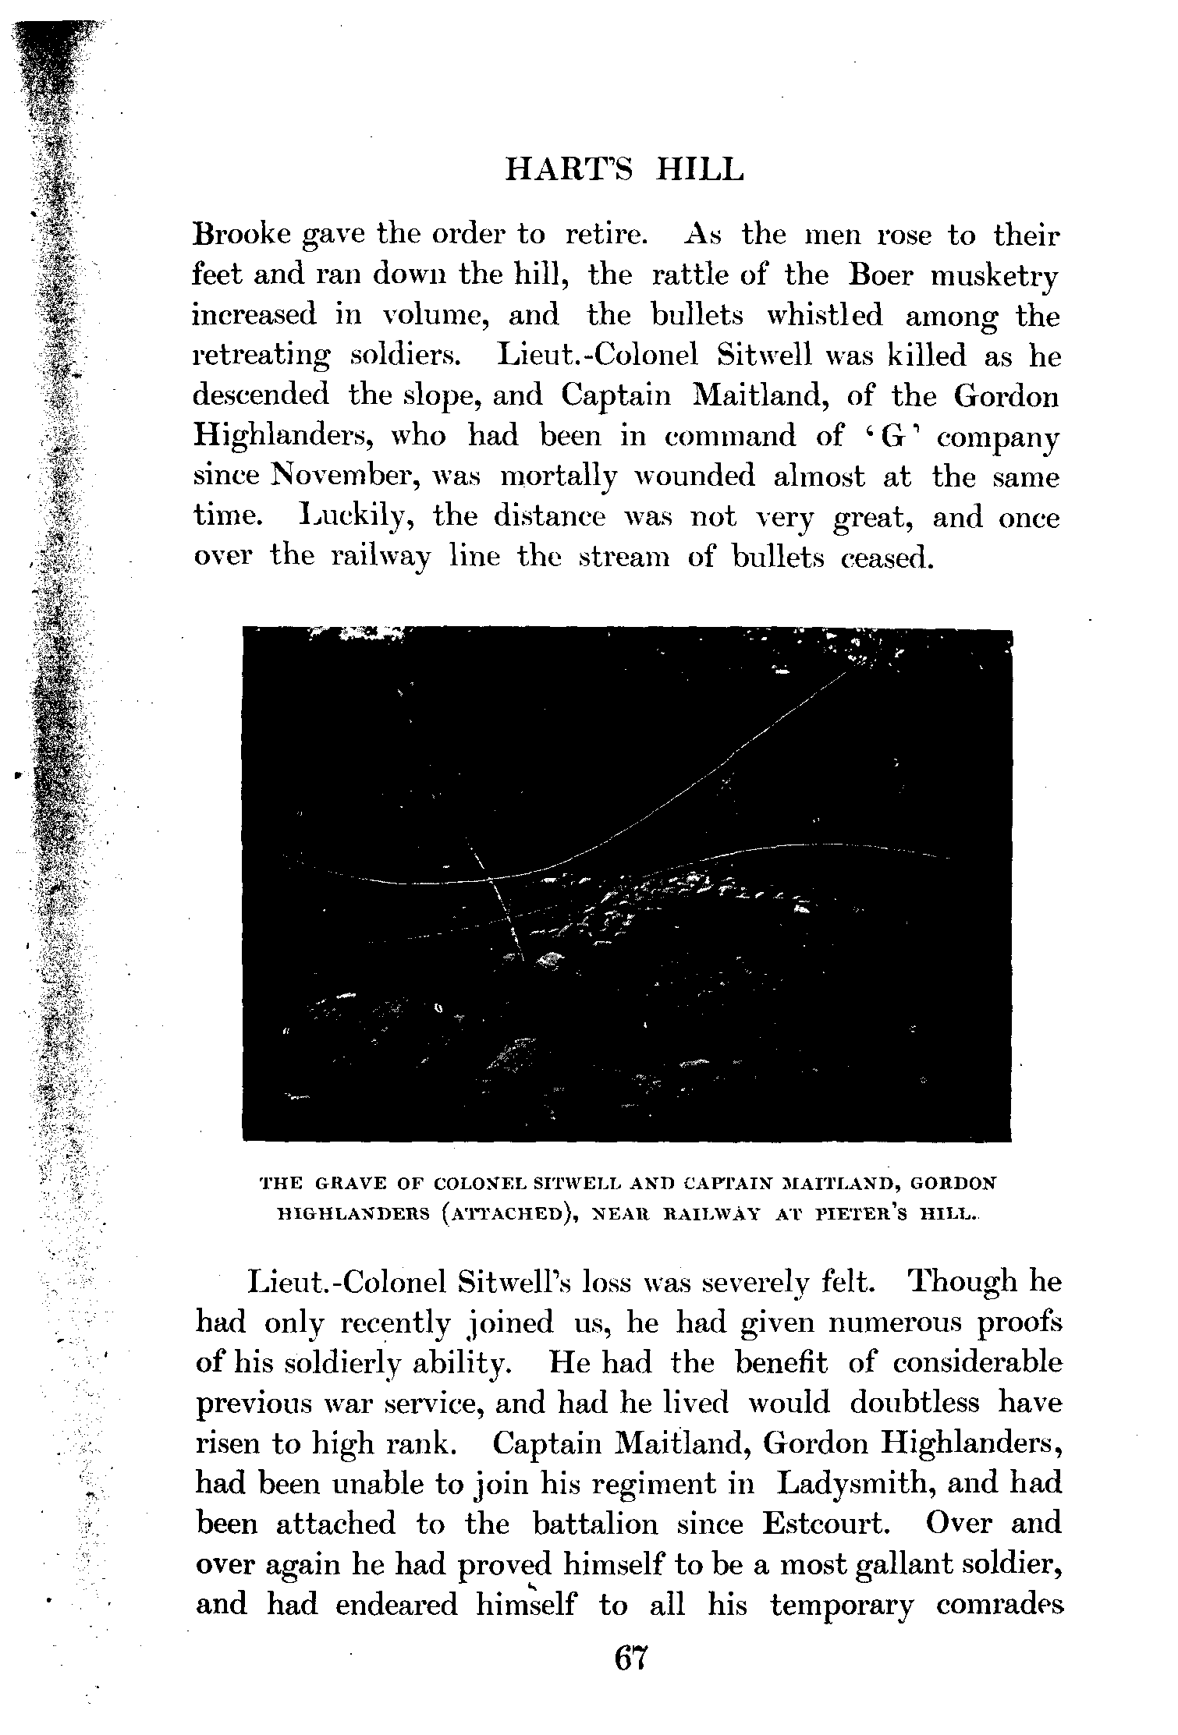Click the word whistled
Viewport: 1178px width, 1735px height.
pos(825,315)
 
